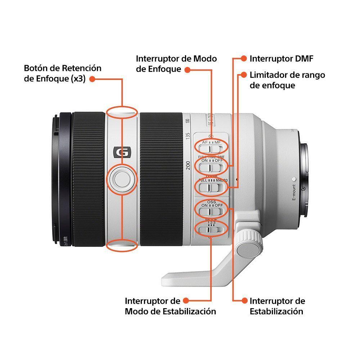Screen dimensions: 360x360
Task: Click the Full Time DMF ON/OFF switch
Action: point(211,167)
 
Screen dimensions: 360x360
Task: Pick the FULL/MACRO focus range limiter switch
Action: point(211,187)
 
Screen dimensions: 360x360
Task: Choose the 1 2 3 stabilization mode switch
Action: point(211,229)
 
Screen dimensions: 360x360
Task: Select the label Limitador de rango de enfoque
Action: point(287,80)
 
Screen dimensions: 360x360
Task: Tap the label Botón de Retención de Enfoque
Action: point(63,73)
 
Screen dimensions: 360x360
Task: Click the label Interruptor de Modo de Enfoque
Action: point(176,64)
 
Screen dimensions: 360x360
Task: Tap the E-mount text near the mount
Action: point(293,193)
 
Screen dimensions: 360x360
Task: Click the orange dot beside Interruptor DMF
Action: point(244,59)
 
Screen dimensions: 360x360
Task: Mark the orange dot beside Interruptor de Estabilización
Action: point(244,301)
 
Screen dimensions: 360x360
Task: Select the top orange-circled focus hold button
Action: point(122,112)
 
